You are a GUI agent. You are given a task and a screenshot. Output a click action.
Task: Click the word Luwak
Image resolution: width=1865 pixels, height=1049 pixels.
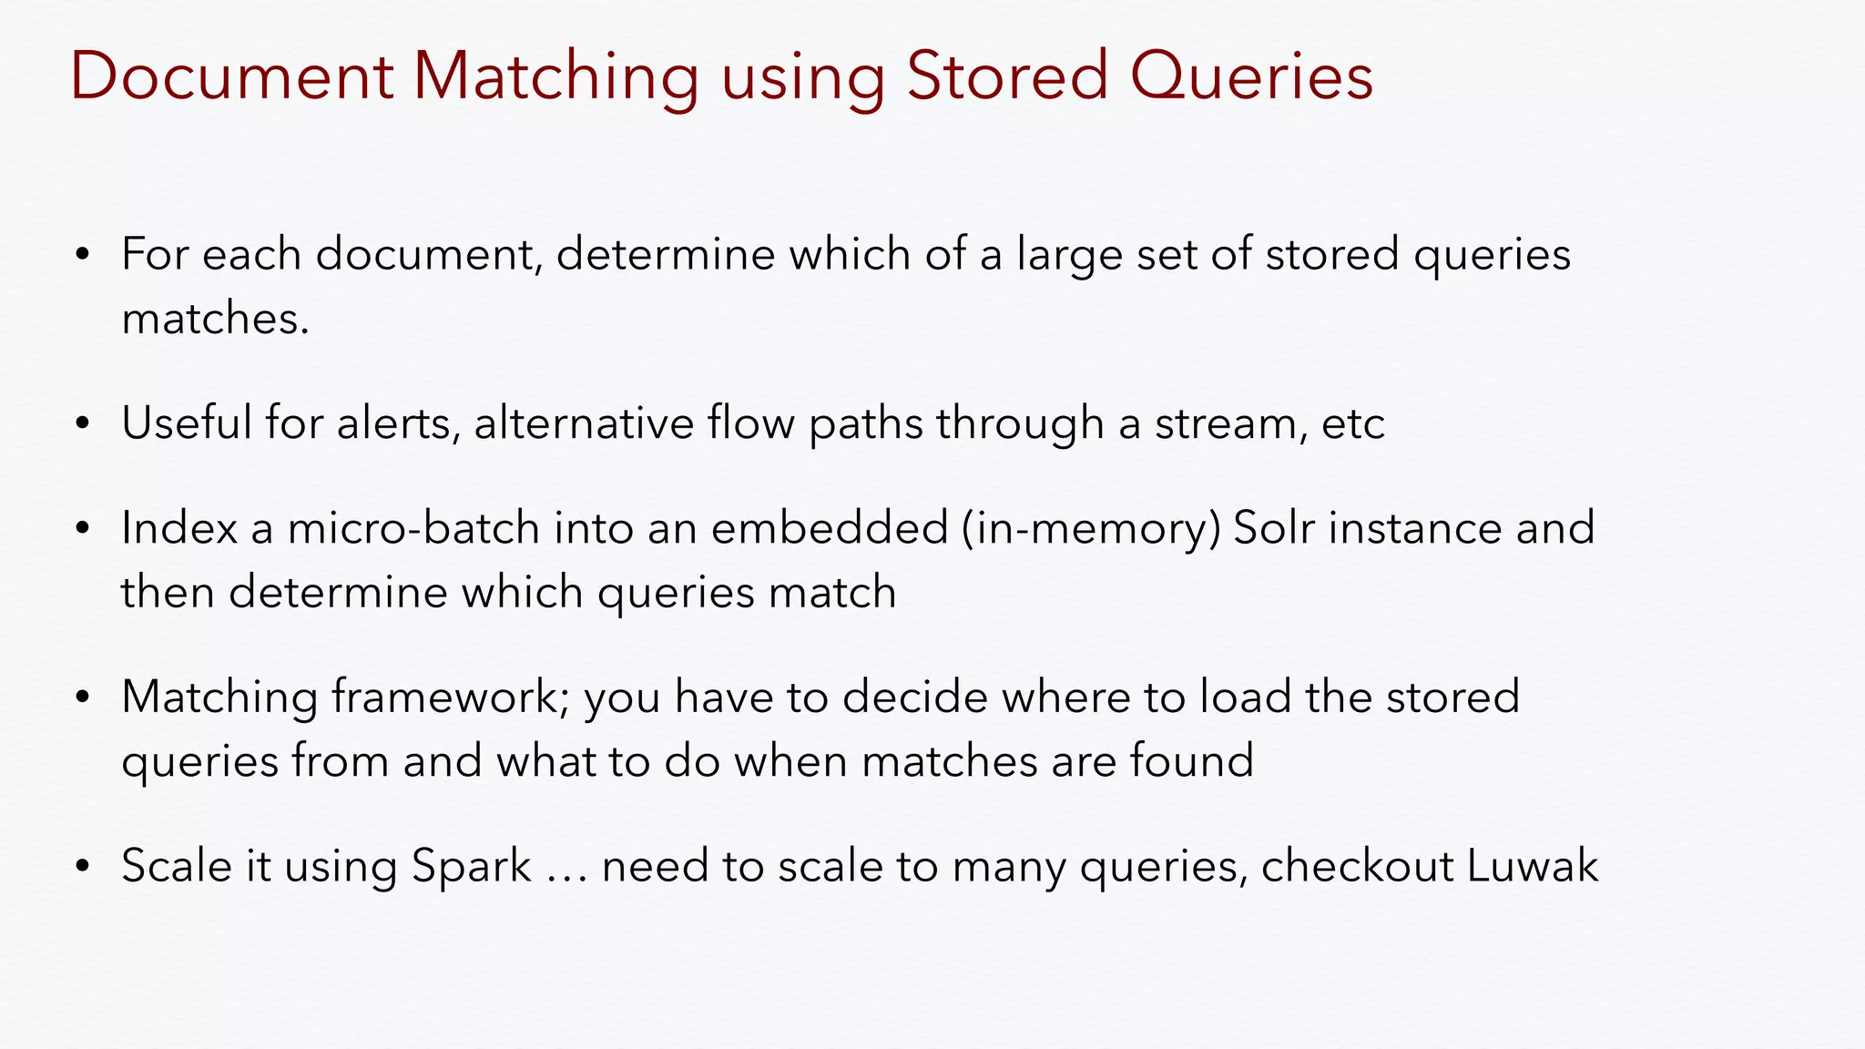point(1532,866)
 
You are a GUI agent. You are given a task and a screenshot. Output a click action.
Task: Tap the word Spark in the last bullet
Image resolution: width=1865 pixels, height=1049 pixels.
point(471,866)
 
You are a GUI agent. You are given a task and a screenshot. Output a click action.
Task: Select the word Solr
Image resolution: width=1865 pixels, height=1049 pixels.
point(1273,528)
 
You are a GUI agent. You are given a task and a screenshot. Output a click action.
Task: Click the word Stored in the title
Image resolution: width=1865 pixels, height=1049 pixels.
point(1007,76)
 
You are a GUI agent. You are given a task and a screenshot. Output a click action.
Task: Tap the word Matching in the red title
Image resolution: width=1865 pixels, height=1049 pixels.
point(555,77)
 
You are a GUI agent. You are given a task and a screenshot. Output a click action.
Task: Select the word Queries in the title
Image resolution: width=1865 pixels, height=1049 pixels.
point(1251,77)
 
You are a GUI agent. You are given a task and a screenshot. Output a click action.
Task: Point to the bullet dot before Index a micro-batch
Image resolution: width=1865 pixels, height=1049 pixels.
point(83,529)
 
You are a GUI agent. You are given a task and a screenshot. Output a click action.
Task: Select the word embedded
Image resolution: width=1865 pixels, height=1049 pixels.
point(830,528)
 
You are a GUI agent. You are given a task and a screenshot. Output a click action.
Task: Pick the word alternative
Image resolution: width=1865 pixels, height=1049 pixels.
point(584,423)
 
